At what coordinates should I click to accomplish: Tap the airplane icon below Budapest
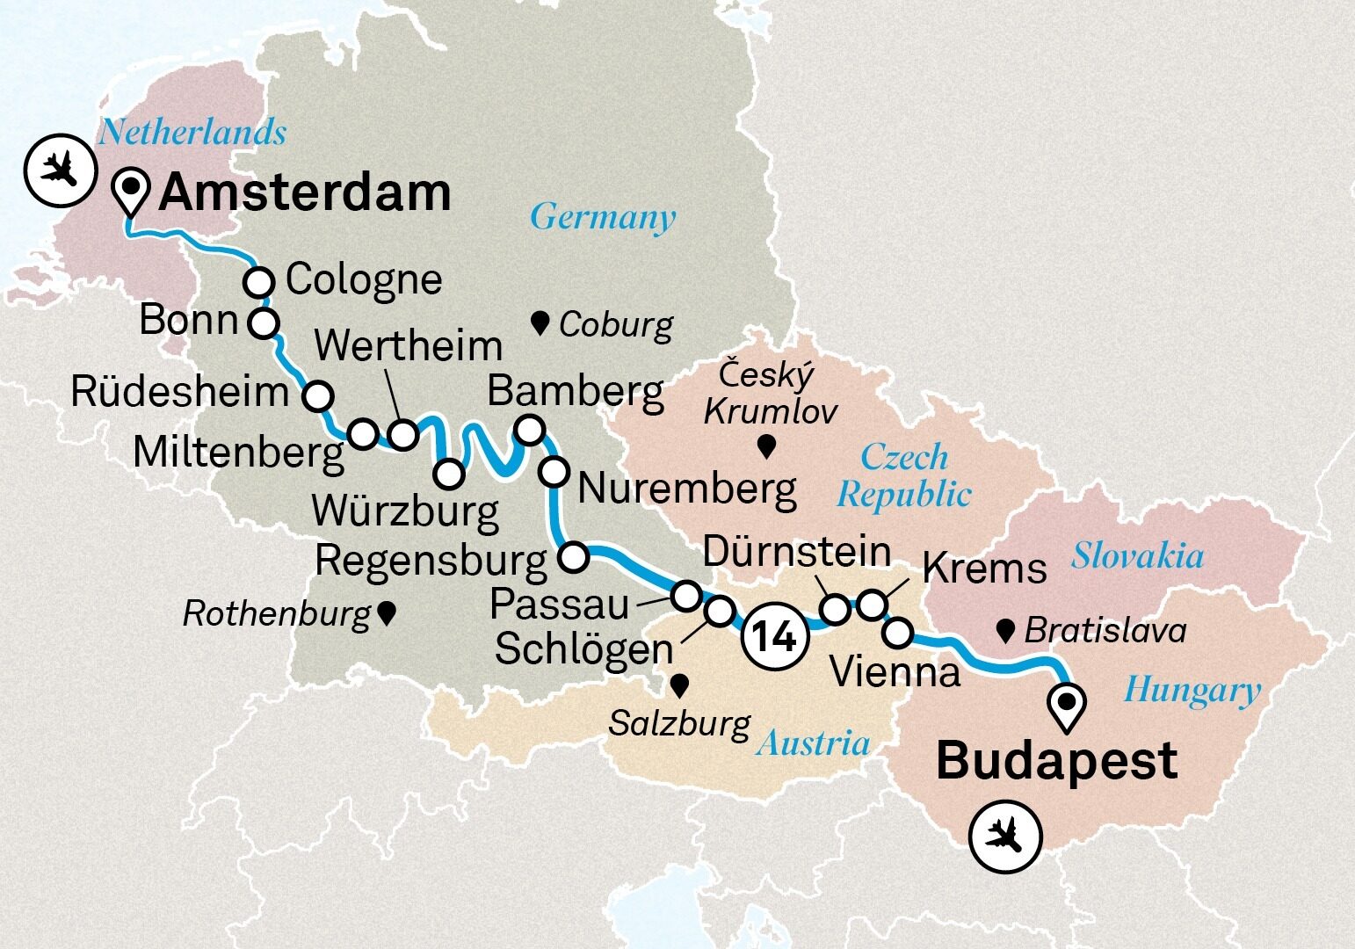[1005, 836]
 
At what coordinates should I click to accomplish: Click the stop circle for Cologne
[258, 283]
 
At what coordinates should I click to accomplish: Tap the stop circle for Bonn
[263, 322]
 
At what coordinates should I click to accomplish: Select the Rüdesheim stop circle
[317, 395]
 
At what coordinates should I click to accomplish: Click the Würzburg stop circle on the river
[449, 474]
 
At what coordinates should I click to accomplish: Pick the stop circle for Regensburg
[573, 557]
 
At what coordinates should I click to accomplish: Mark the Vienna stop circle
[897, 631]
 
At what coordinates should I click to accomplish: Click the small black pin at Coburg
[541, 323]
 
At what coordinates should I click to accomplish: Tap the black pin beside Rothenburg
[386, 613]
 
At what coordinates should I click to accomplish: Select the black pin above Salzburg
[679, 685]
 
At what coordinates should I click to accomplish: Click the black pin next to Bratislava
[1006, 629]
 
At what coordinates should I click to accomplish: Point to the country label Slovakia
[1137, 556]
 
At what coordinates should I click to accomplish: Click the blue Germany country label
[603, 216]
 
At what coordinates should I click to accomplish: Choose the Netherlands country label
[192, 133]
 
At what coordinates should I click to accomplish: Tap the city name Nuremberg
[687, 489]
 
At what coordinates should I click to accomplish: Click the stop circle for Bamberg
[529, 430]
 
